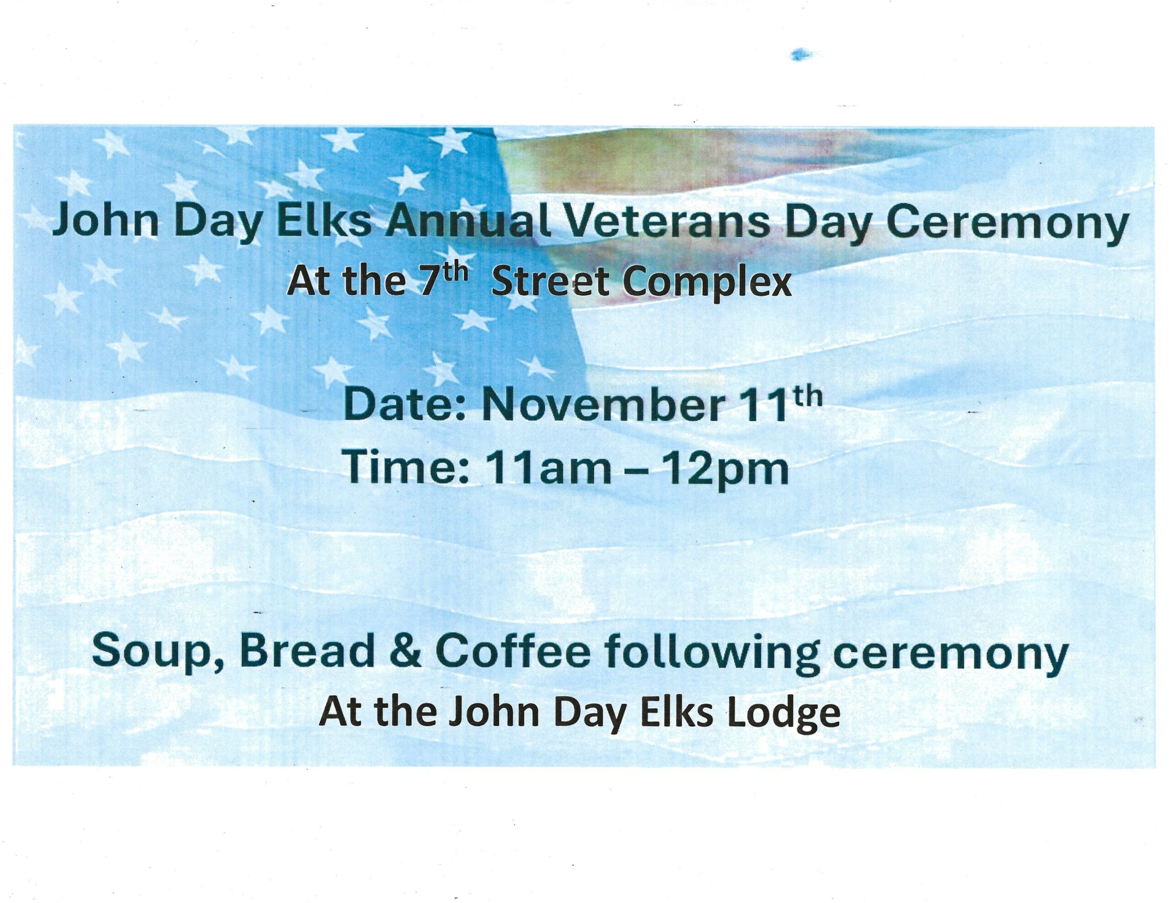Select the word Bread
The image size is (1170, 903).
click(308, 650)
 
